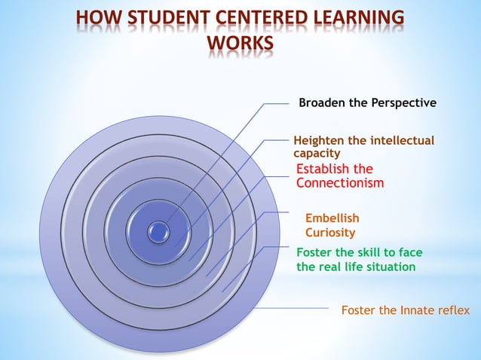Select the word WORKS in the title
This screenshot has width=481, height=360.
[240, 44]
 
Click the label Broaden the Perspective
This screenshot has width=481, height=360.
[367, 102]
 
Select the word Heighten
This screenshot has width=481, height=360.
[319, 140]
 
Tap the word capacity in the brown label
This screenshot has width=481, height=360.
[317, 153]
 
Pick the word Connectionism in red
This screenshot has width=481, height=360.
[340, 183]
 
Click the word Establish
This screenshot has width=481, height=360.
[323, 169]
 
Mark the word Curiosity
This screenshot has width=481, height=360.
[330, 233]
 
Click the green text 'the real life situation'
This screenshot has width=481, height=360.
[355, 267]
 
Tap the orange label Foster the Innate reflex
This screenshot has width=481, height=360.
[405, 310]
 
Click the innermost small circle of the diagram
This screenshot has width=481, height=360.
[158, 231]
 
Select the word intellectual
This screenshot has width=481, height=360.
[400, 140]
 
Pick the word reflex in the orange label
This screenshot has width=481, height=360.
[454, 310]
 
